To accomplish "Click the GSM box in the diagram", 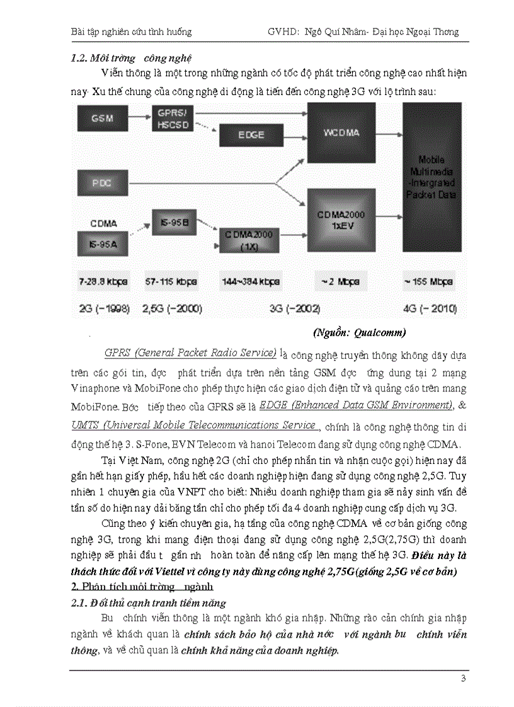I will tap(101, 118).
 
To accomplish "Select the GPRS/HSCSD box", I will tap(172, 118).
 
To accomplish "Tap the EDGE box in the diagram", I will tap(251, 135).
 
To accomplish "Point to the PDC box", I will tap(101, 183).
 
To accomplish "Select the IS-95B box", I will tap(171, 222).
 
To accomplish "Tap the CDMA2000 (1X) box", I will tap(250, 240).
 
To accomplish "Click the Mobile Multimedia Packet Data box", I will tap(432, 178).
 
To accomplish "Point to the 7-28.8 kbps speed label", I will tap(103, 282).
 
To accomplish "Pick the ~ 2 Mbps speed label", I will tap(341, 282).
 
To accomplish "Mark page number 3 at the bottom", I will tap(463, 678).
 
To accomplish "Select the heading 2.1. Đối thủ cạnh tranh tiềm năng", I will tap(149, 604).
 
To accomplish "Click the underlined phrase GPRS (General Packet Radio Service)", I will tap(191, 352).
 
